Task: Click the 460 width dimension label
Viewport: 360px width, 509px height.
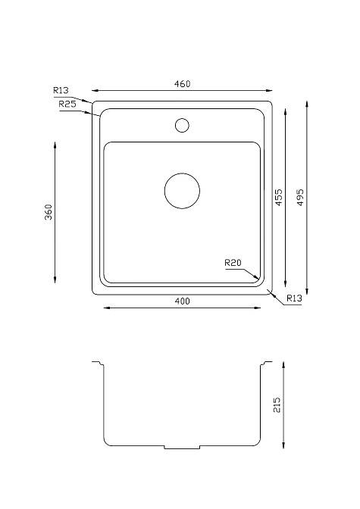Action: click(x=182, y=84)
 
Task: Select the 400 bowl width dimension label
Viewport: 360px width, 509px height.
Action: click(x=182, y=301)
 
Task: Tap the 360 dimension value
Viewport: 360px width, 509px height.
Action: click(x=49, y=212)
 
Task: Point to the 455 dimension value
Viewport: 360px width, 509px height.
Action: click(x=279, y=198)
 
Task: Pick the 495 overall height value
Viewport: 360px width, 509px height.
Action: click(x=301, y=198)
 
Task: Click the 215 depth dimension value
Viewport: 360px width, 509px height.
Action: click(x=277, y=404)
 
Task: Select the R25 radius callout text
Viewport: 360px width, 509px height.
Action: click(x=67, y=104)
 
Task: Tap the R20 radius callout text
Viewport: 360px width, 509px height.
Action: click(x=233, y=262)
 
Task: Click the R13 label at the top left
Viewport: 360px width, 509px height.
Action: click(x=61, y=90)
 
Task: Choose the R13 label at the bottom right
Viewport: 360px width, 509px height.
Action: click(x=294, y=298)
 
